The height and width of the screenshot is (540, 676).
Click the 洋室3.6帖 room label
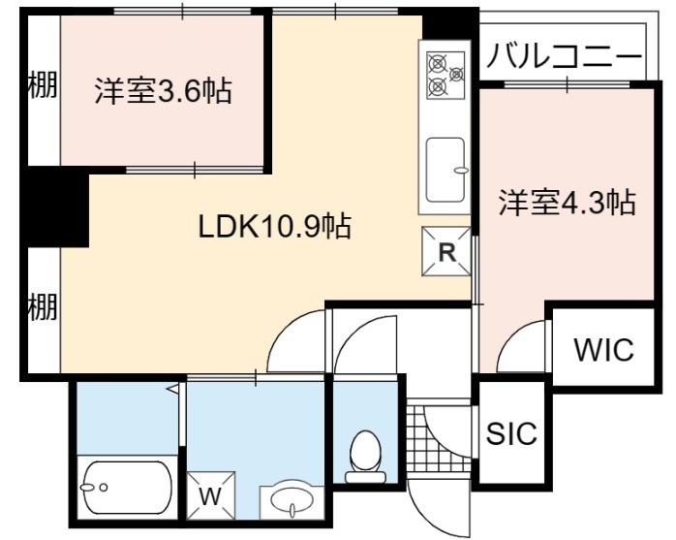164,90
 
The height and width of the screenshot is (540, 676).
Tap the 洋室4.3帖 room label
568,202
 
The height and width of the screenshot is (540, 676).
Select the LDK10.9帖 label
275,226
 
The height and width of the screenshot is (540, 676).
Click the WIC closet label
604,349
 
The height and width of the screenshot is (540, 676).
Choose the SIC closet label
511,433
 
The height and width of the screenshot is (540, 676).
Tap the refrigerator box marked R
446,251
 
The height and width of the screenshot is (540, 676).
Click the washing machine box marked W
211,496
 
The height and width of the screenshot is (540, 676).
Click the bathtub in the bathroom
128,488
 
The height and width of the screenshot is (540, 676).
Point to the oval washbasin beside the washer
292,502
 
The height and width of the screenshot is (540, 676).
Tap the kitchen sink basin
446,170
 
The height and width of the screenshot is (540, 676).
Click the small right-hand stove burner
456,75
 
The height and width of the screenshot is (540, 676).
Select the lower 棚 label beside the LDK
43,306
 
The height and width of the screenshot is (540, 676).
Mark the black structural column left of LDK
55,209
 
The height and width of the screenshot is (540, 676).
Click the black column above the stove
450,23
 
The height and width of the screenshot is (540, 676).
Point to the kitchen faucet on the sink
461,170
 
